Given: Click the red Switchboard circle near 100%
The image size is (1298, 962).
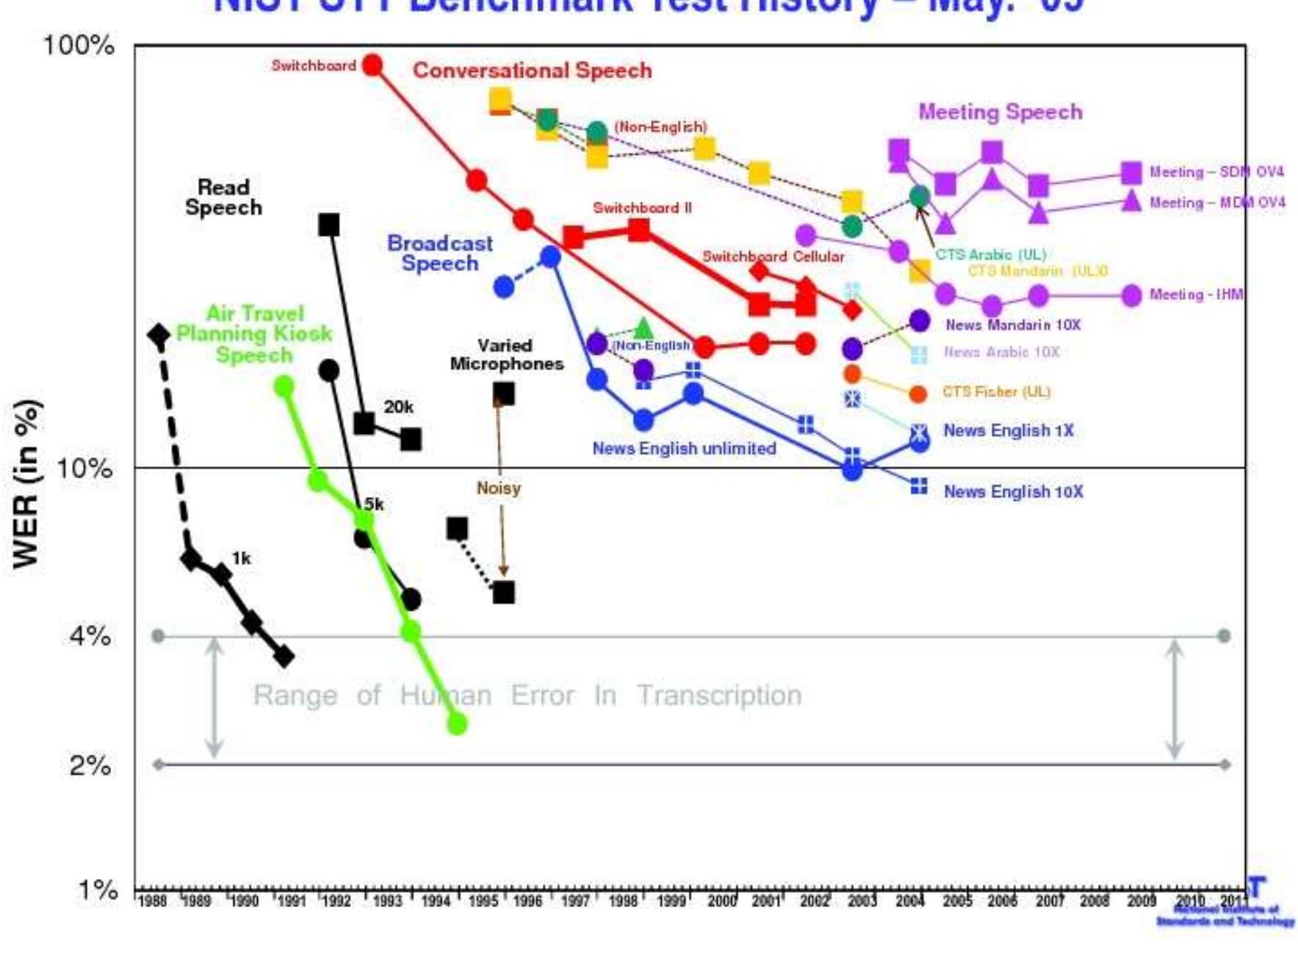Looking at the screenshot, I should (373, 65).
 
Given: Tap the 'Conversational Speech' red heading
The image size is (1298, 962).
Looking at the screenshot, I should (532, 70).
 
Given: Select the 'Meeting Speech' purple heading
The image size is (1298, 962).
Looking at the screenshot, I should (1000, 112).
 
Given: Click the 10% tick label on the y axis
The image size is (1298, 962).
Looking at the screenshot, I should (84, 468).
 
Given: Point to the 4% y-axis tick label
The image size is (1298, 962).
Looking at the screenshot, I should (90, 635).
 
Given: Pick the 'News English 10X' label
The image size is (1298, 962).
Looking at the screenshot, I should (1013, 491).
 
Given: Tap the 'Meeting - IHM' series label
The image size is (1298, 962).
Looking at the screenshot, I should (1196, 294).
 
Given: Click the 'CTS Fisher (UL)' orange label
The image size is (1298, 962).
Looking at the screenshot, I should (996, 391).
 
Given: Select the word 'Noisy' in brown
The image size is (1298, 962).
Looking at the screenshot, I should (498, 488).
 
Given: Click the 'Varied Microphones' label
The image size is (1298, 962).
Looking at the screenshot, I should (506, 354).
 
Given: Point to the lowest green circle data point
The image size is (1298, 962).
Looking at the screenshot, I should (457, 724).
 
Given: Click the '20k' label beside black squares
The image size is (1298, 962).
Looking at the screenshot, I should (398, 407).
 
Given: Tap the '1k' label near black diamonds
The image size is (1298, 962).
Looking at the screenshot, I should (241, 558).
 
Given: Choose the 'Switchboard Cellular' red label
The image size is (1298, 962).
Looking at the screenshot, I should (773, 256).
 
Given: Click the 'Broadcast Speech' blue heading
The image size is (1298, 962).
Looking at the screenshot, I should (440, 253).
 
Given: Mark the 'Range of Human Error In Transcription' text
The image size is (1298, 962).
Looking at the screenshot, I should (527, 695).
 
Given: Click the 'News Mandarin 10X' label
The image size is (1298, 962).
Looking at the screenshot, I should (1012, 325).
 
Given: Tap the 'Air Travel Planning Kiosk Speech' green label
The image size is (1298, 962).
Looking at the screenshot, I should (254, 334).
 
